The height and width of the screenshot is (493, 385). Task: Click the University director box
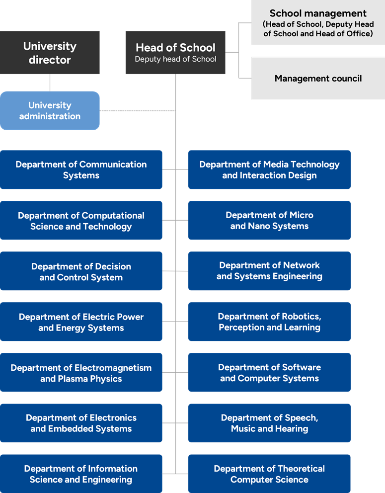(50, 53)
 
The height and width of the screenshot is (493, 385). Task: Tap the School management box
(318, 23)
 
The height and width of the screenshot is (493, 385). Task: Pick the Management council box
(318, 79)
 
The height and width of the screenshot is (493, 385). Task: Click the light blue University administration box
(50, 110)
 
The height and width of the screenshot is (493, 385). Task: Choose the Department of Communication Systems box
(81, 169)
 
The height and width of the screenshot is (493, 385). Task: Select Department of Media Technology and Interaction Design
(269, 169)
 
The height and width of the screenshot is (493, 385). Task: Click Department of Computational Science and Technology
(81, 221)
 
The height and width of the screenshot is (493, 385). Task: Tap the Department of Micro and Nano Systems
(269, 220)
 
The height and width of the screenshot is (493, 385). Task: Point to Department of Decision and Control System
(81, 271)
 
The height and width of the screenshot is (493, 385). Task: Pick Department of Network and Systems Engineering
(269, 271)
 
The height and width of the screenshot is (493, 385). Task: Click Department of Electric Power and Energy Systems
(81, 322)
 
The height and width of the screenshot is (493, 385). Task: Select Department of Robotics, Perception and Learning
(269, 322)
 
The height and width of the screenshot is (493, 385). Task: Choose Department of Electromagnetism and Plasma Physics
(81, 373)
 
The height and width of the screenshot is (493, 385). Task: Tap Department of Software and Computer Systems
(269, 372)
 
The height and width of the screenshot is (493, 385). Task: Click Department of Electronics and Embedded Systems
(81, 423)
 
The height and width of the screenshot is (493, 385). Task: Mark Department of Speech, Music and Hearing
(269, 423)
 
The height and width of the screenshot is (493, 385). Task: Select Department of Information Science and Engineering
(81, 474)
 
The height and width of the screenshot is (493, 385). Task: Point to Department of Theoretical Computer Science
(269, 474)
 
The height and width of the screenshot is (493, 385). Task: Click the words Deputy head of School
(175, 59)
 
